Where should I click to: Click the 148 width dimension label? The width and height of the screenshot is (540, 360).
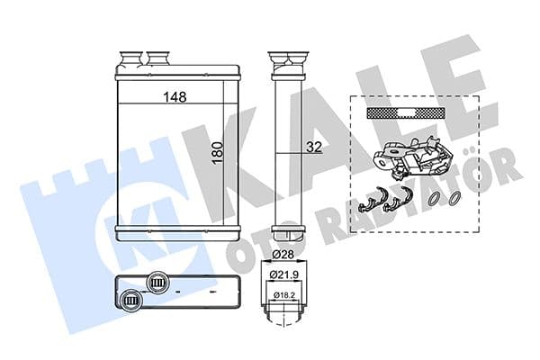coord(175,96)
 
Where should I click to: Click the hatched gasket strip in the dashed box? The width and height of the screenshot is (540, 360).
coord(406,113)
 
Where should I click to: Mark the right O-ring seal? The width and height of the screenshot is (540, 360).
coord(455,200)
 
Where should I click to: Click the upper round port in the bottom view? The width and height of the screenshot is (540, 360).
coord(158,282)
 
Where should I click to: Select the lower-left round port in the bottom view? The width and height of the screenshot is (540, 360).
coord(131,299)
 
